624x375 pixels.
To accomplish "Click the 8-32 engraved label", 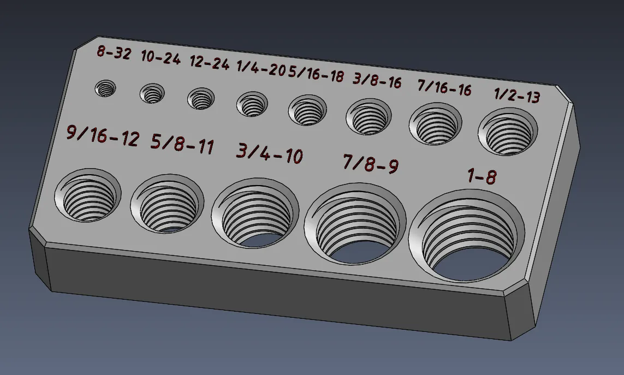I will tap(114, 53).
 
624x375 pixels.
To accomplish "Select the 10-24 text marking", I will tap(161, 58).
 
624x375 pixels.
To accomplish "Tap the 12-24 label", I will tap(209, 63).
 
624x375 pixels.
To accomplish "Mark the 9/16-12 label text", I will tap(103, 136).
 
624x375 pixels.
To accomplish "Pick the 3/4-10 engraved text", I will tap(269, 154).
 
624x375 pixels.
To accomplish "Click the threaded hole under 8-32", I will tap(105, 88).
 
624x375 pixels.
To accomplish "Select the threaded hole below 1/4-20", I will tap(252, 104).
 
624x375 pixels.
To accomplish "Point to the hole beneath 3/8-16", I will tap(369, 117).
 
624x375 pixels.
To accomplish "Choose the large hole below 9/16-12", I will tap(87, 195).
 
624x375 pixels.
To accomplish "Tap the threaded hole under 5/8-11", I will tap(167, 203).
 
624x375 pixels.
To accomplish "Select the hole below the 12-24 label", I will tap(201, 99).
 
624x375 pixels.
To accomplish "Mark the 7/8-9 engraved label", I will tap(370, 163).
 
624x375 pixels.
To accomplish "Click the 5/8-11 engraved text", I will tap(182, 145).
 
